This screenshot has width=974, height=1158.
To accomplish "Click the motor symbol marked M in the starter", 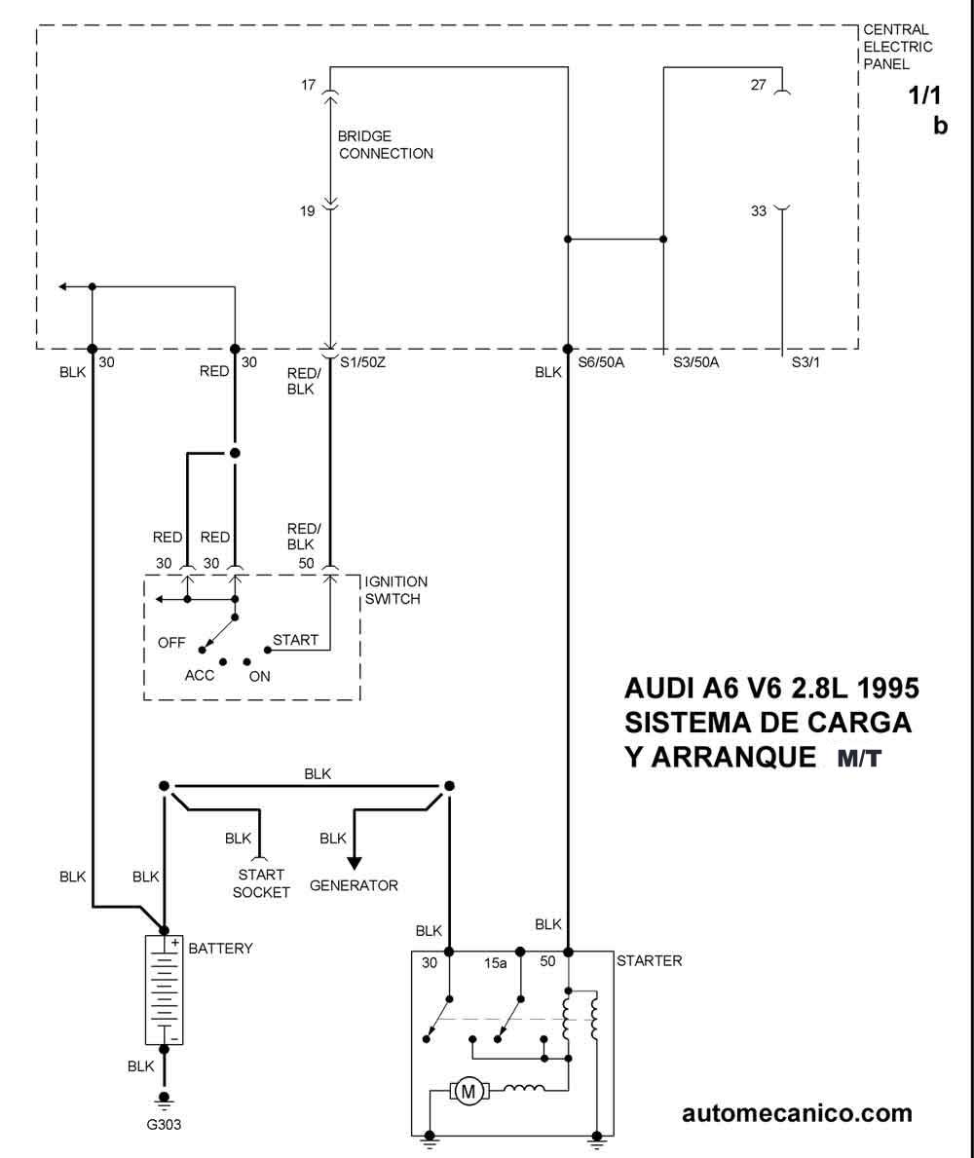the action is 468,1091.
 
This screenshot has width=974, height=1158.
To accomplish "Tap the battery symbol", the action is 164,990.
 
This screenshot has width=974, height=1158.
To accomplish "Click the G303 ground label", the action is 164,1124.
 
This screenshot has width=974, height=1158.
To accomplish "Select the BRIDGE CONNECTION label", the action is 386,145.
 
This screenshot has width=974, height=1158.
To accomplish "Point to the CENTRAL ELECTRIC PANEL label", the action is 898,47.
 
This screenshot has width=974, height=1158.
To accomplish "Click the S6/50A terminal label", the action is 601,362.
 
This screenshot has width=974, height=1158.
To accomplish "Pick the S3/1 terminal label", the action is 805,362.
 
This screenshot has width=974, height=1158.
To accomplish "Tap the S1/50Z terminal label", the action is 362,362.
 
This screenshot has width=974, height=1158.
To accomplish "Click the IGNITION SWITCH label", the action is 395,590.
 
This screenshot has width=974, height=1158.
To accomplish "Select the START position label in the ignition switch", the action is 295,640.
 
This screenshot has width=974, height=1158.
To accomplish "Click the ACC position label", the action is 200,675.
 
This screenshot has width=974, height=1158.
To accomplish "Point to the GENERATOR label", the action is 354,884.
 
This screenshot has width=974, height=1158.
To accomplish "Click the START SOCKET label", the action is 261,883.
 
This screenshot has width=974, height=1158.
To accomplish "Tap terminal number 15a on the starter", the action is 496,963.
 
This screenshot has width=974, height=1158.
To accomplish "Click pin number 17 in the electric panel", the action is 308,85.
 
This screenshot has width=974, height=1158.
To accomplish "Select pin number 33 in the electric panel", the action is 759,211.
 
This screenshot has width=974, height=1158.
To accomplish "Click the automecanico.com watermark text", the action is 797,1113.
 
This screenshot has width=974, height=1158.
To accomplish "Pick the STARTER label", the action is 649,960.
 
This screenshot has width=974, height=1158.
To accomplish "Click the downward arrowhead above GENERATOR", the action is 355,863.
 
